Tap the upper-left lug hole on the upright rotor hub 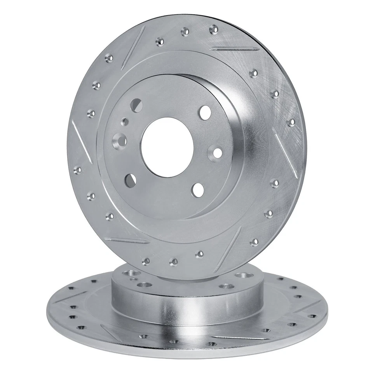click(x=136, y=105)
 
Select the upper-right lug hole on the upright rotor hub click(x=204, y=112)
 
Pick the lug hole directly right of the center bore click(x=217, y=152)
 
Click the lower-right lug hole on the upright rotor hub click(x=198, y=189)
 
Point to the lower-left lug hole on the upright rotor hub click(x=131, y=179)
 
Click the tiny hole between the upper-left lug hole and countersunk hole click(x=125, y=122)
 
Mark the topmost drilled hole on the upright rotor click(x=214, y=29)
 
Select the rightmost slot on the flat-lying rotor click(x=307, y=307)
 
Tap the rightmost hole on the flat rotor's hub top click(x=244, y=275)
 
